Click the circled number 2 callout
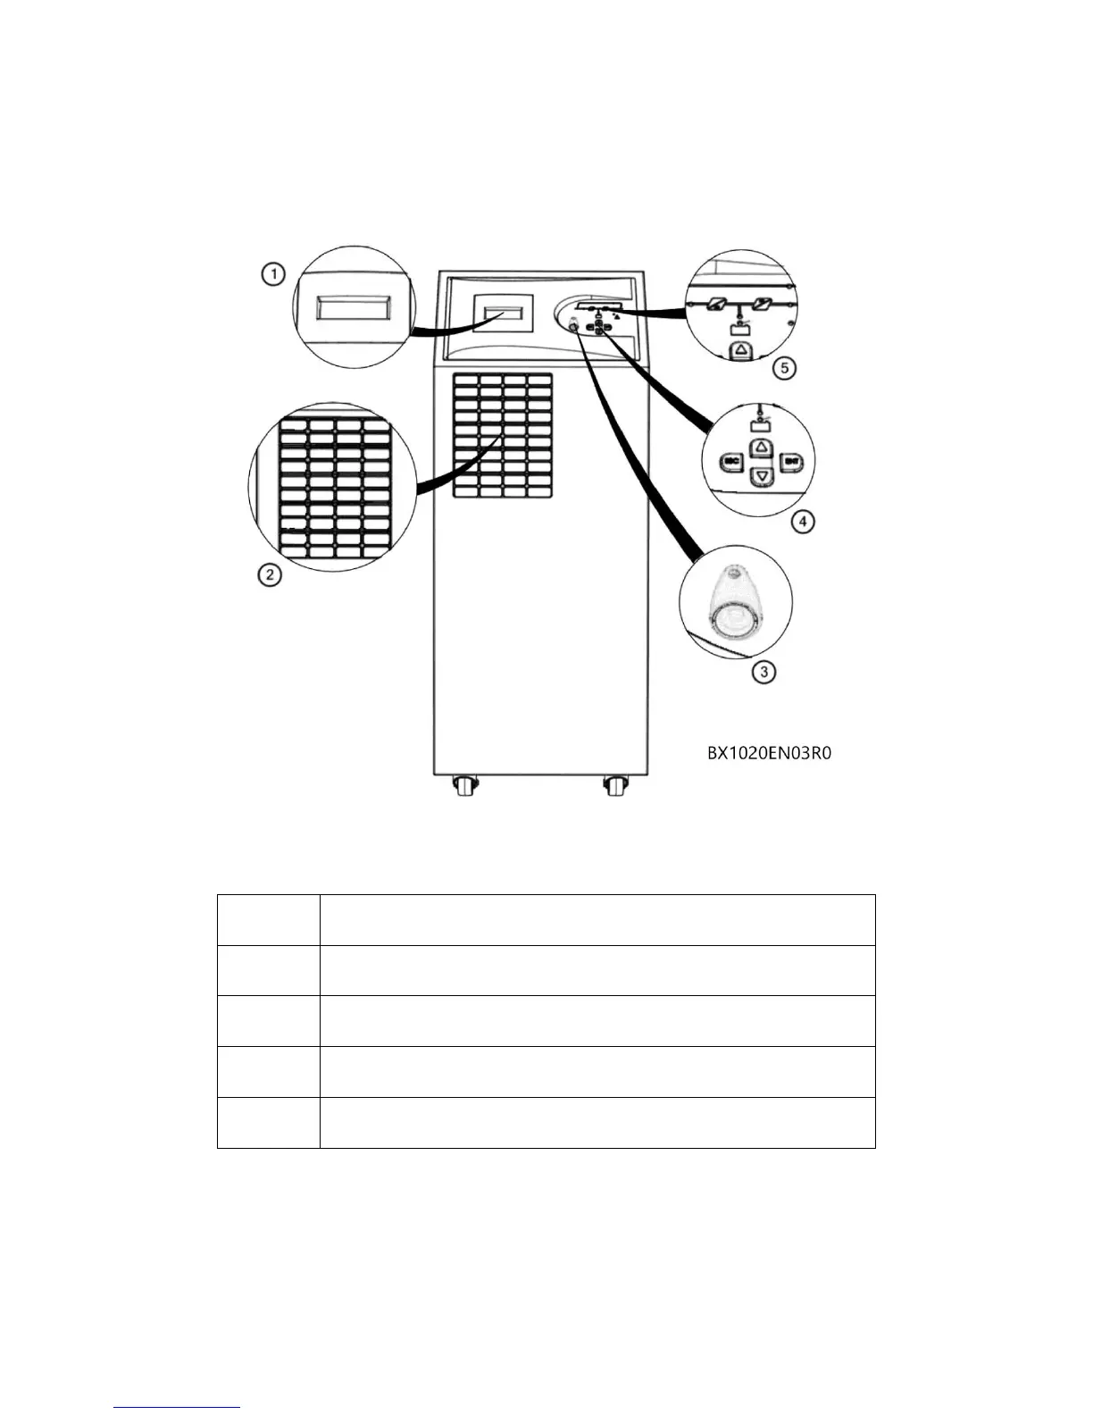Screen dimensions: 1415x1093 [269, 574]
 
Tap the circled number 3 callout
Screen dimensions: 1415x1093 [763, 672]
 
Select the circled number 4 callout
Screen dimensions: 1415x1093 [804, 521]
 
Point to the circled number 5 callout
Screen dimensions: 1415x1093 [783, 368]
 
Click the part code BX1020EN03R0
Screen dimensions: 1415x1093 [769, 753]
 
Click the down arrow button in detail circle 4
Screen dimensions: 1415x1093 [761, 477]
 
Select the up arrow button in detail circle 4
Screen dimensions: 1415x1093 [760, 446]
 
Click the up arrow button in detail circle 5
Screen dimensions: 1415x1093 [740, 350]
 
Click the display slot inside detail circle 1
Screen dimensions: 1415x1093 [353, 309]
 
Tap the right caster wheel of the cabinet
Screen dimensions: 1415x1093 [613, 787]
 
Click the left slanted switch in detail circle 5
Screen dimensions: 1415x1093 [718, 306]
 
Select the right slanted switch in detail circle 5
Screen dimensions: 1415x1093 [762, 306]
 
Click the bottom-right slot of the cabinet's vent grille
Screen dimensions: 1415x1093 [539, 491]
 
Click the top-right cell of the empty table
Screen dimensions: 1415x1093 [597, 919]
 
